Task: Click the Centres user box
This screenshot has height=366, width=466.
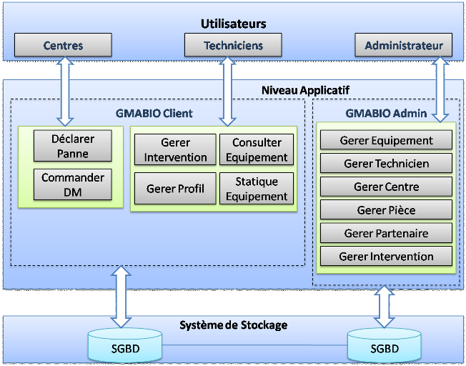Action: coord(63,46)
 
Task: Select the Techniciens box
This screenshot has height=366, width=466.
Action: coord(233,46)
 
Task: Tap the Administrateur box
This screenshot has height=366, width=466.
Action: coord(404,46)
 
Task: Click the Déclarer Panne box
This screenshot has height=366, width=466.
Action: coord(72,145)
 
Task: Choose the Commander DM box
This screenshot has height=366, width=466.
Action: coord(72,184)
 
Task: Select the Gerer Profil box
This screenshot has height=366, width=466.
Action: coord(175,189)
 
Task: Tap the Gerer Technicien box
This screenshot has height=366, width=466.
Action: coord(386,164)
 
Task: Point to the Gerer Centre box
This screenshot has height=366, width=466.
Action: coord(386,187)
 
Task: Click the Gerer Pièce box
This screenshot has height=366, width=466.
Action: coord(386,210)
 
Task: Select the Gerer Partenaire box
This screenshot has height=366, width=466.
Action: coord(386,233)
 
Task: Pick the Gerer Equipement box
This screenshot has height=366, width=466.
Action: coord(386,141)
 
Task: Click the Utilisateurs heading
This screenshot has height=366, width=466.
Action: coord(233,24)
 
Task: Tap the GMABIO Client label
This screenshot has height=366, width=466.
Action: coord(154,113)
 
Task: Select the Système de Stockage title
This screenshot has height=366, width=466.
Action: coord(233,325)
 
